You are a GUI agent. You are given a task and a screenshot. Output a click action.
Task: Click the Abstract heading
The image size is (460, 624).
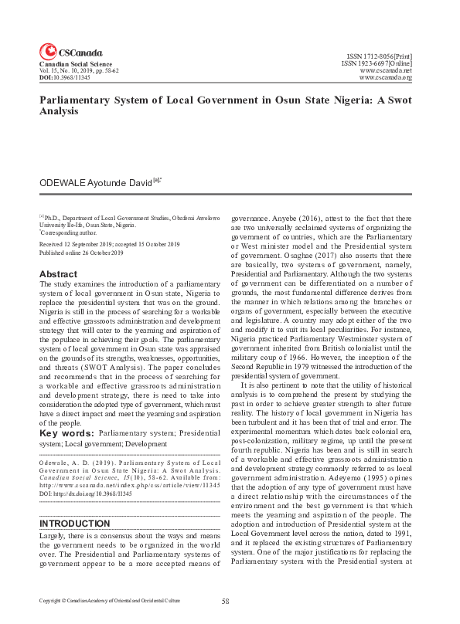pyautogui.click(x=58, y=274)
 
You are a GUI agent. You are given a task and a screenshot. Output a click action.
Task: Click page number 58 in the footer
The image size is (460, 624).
pyautogui.click(x=226, y=601)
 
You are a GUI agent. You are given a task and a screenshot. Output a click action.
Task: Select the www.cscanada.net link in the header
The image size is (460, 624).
pyautogui.click(x=385, y=70)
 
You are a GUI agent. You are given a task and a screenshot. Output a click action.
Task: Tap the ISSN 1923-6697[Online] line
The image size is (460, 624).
pyautogui.click(x=377, y=63)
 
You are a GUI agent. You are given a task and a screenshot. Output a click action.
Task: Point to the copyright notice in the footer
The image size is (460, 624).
pyautogui.click(x=109, y=601)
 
